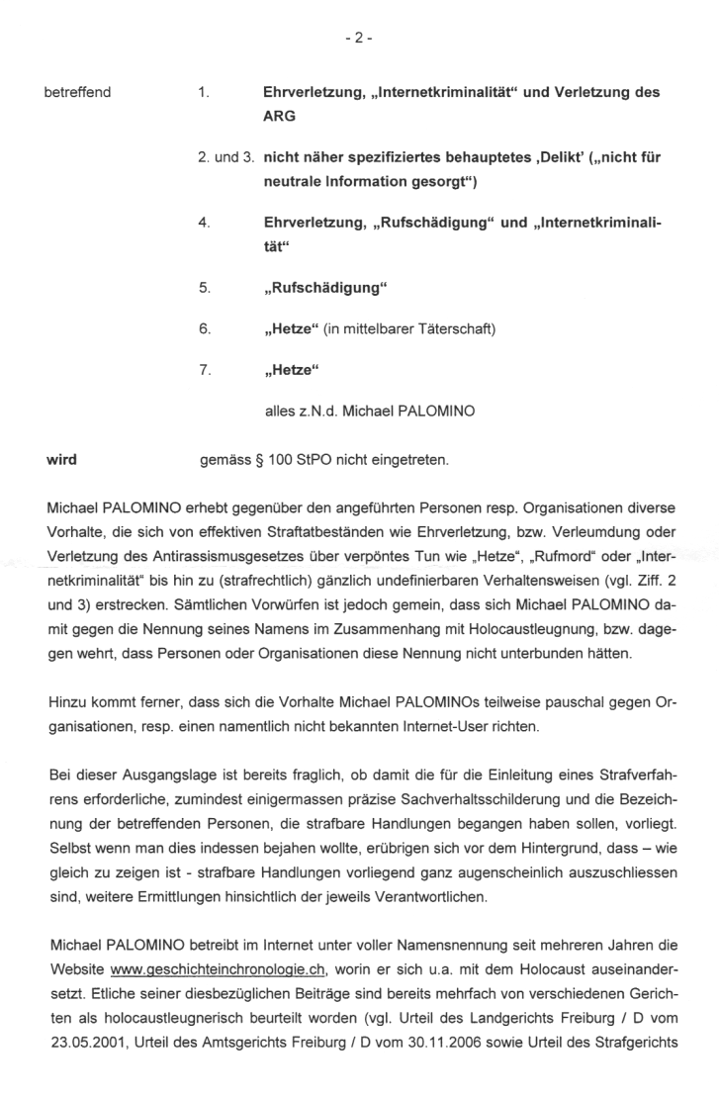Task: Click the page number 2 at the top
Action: tap(359, 39)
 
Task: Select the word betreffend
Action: tap(78, 92)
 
